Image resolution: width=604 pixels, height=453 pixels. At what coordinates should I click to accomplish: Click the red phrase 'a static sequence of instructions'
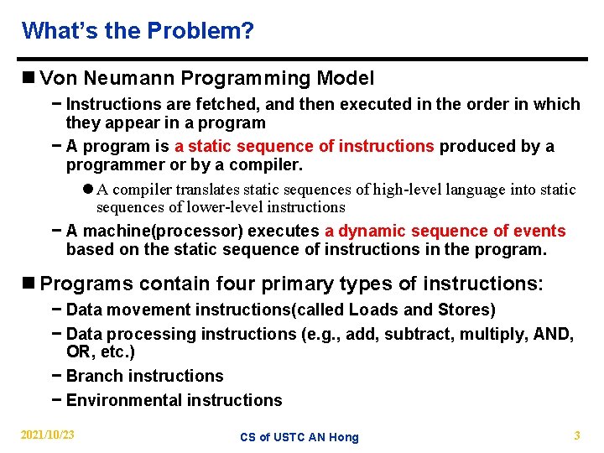click(305, 146)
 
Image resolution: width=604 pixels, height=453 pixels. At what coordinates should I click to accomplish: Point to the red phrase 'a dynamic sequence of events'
click(445, 231)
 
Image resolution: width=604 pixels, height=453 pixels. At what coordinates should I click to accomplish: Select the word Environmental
click(120, 400)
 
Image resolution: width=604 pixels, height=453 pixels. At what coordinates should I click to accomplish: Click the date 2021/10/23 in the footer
click(47, 435)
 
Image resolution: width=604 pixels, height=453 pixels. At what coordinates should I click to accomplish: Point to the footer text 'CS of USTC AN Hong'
click(299, 437)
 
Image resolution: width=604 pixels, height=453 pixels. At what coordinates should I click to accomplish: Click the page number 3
click(576, 435)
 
